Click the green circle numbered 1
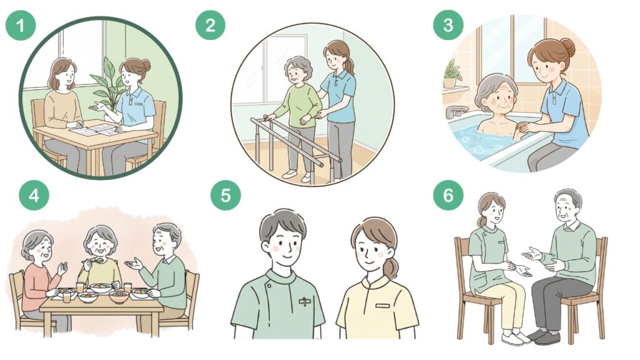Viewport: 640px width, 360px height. coord(21,25)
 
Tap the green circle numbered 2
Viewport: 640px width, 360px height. coord(210,25)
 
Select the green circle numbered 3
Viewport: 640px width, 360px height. coord(448,25)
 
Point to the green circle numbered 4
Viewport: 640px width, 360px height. coord(34,195)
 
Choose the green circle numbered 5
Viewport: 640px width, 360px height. coord(225,195)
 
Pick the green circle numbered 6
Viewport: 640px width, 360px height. coord(448,195)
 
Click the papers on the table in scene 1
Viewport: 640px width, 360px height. coord(97,130)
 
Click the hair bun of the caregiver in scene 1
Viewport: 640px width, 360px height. coord(145,65)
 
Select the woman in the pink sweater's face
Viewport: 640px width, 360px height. coord(41,247)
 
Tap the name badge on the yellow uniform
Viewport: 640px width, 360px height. coord(383,306)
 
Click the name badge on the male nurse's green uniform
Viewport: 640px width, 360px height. coord(304,302)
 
